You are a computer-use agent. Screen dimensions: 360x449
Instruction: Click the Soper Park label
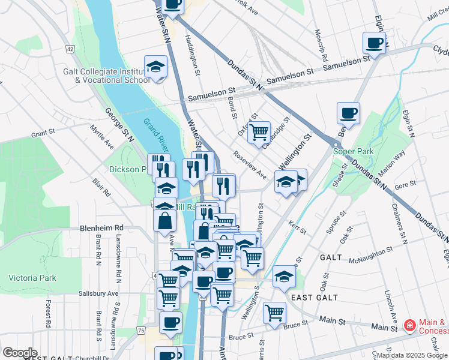pos(354,151)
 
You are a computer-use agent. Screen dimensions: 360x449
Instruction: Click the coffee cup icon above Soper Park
pos(348,112)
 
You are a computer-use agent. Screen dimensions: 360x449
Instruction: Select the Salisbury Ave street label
pos(99,293)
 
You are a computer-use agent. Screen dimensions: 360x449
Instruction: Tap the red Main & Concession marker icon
pos(410,326)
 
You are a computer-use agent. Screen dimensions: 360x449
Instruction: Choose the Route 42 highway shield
pos(71,49)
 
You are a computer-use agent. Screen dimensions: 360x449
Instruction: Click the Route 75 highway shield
pos(140,331)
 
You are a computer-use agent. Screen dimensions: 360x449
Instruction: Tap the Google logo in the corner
pos(19,352)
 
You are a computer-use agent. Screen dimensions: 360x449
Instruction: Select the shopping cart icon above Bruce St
pos(274,312)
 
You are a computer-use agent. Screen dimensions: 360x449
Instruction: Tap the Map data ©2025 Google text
pos(412,355)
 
